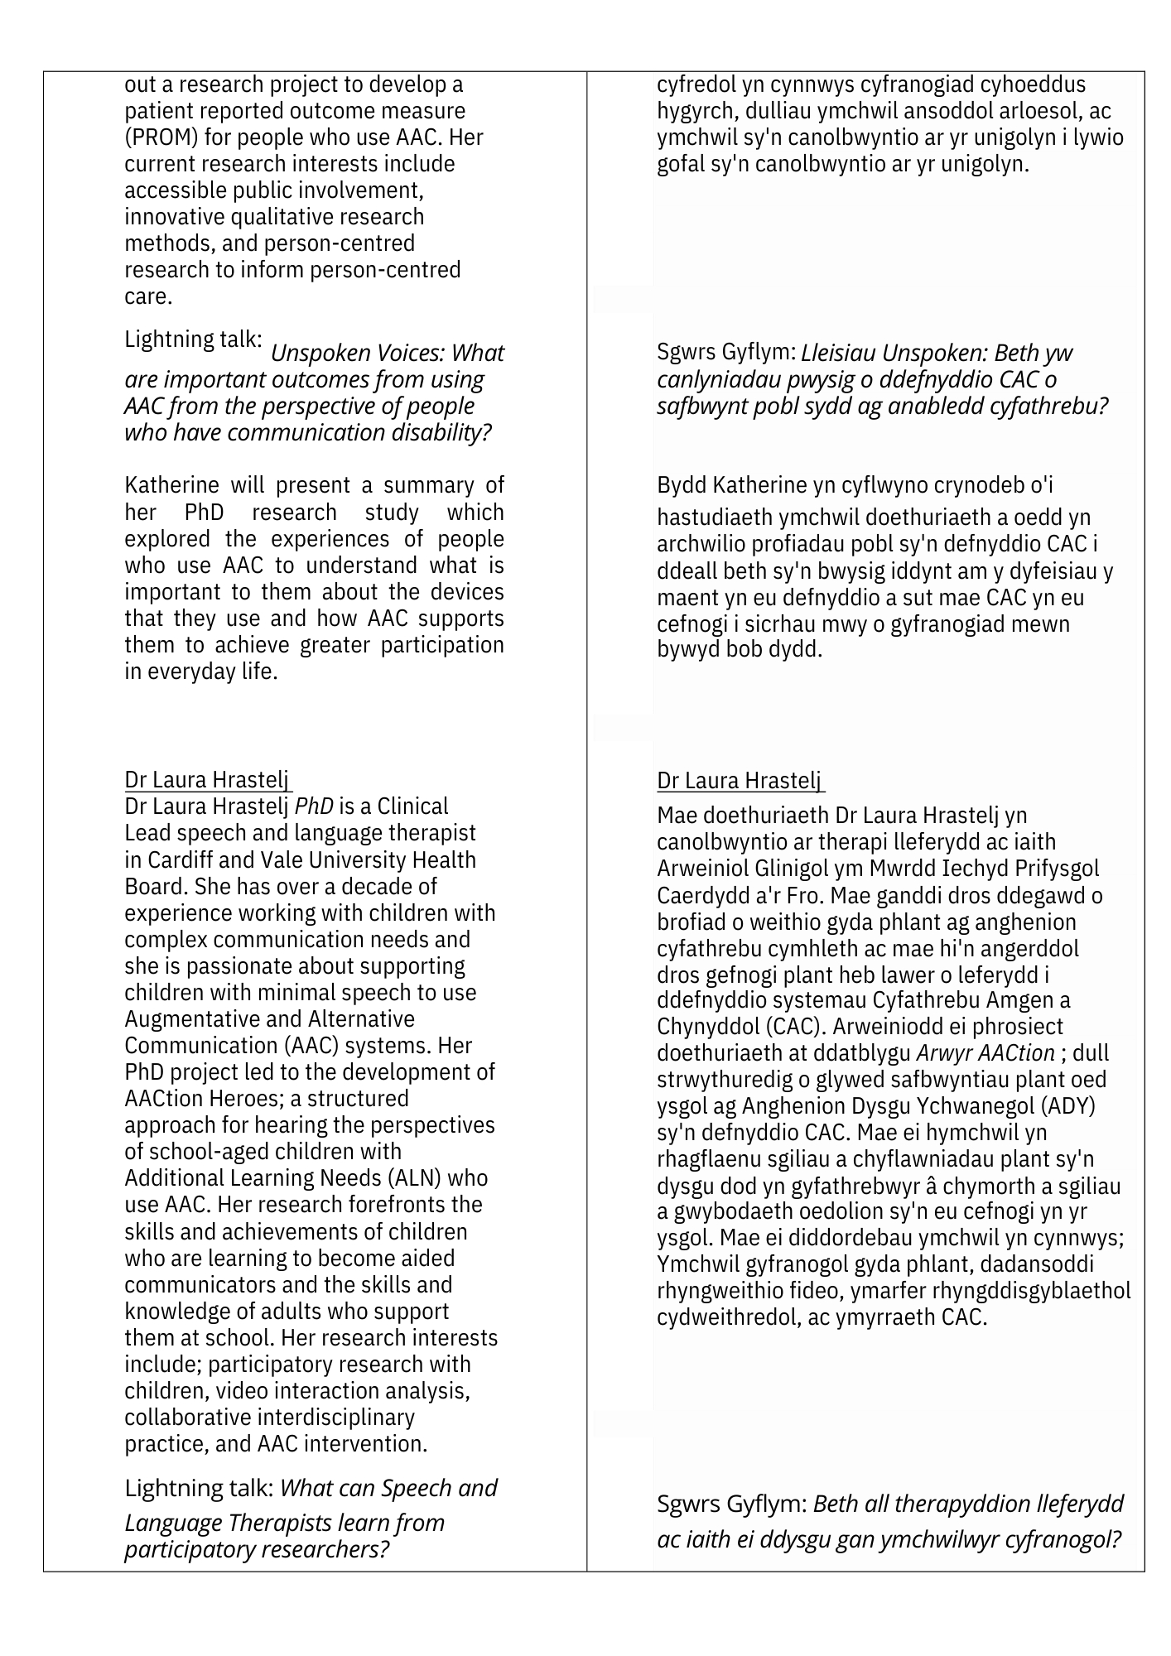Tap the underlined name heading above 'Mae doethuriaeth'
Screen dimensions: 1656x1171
tap(740, 781)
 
